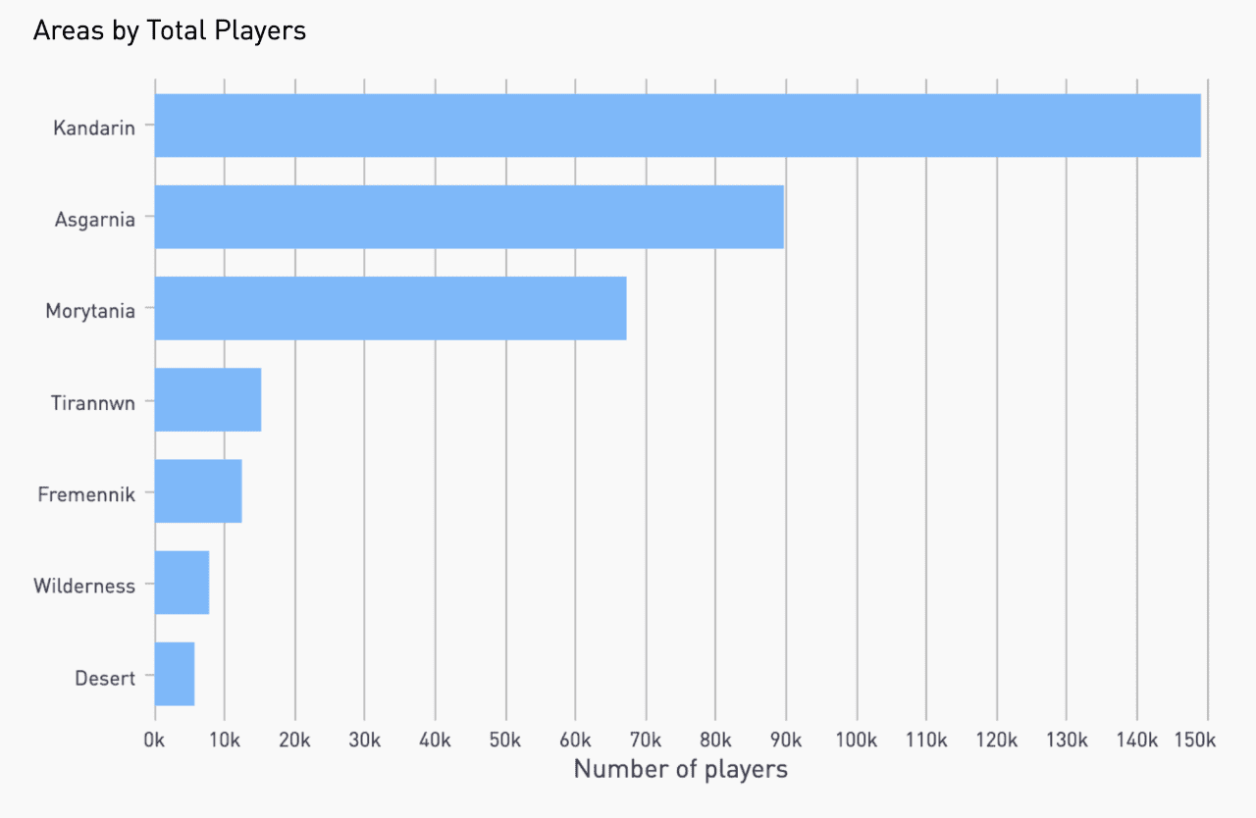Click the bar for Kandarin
pyautogui.click(x=677, y=126)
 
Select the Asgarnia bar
pyautogui.click(x=469, y=217)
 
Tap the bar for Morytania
pyautogui.click(x=391, y=308)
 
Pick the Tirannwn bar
pyautogui.click(x=208, y=399)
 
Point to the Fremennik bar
pyautogui.click(x=198, y=490)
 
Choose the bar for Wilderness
pyautogui.click(x=182, y=582)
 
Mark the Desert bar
pyautogui.click(x=175, y=673)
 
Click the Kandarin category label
pyautogui.click(x=94, y=128)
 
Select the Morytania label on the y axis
pyautogui.click(x=90, y=311)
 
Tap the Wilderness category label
pyautogui.click(x=84, y=587)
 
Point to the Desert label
pyautogui.click(x=105, y=678)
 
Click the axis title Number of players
pyautogui.click(x=680, y=769)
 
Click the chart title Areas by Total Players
pyautogui.click(x=170, y=31)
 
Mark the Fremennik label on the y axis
pyautogui.click(x=86, y=494)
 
